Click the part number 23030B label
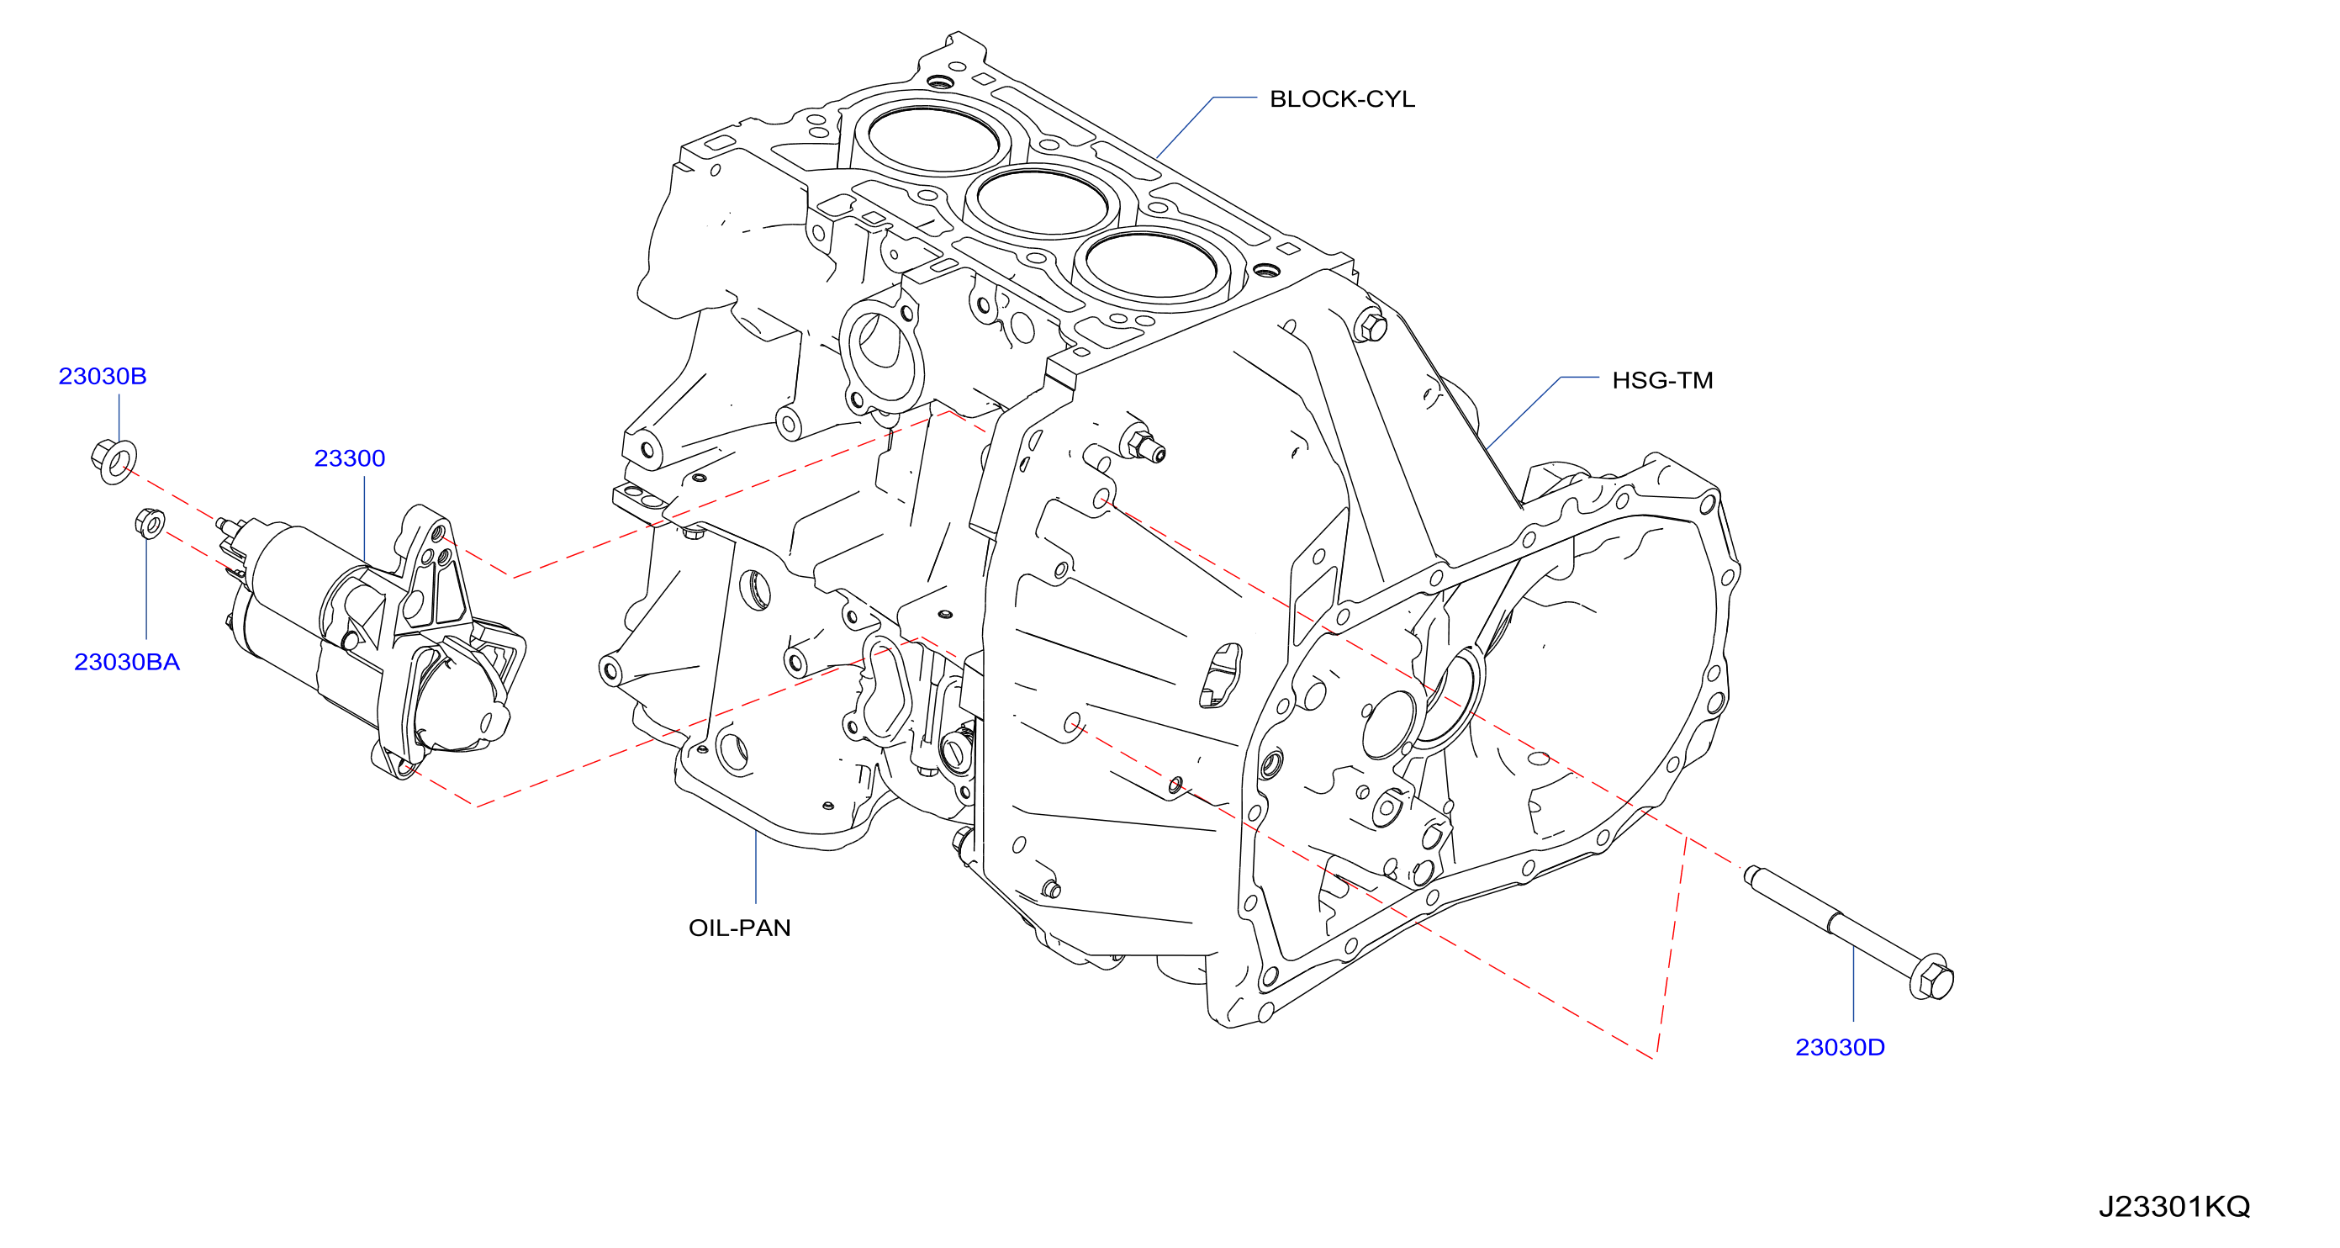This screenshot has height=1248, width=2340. point(103,376)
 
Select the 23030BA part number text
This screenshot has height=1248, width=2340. point(127,662)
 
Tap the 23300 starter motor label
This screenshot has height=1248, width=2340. point(350,458)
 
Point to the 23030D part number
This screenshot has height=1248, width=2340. point(1841,1047)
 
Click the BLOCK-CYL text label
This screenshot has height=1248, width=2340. point(1343,99)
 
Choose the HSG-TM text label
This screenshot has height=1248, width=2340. point(1662,381)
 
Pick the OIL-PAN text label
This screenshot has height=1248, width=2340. point(739,928)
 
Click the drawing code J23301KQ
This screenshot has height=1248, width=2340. point(2174,1207)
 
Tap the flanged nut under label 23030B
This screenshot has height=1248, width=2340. point(114,462)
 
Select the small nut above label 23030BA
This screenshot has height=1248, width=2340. point(150,523)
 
